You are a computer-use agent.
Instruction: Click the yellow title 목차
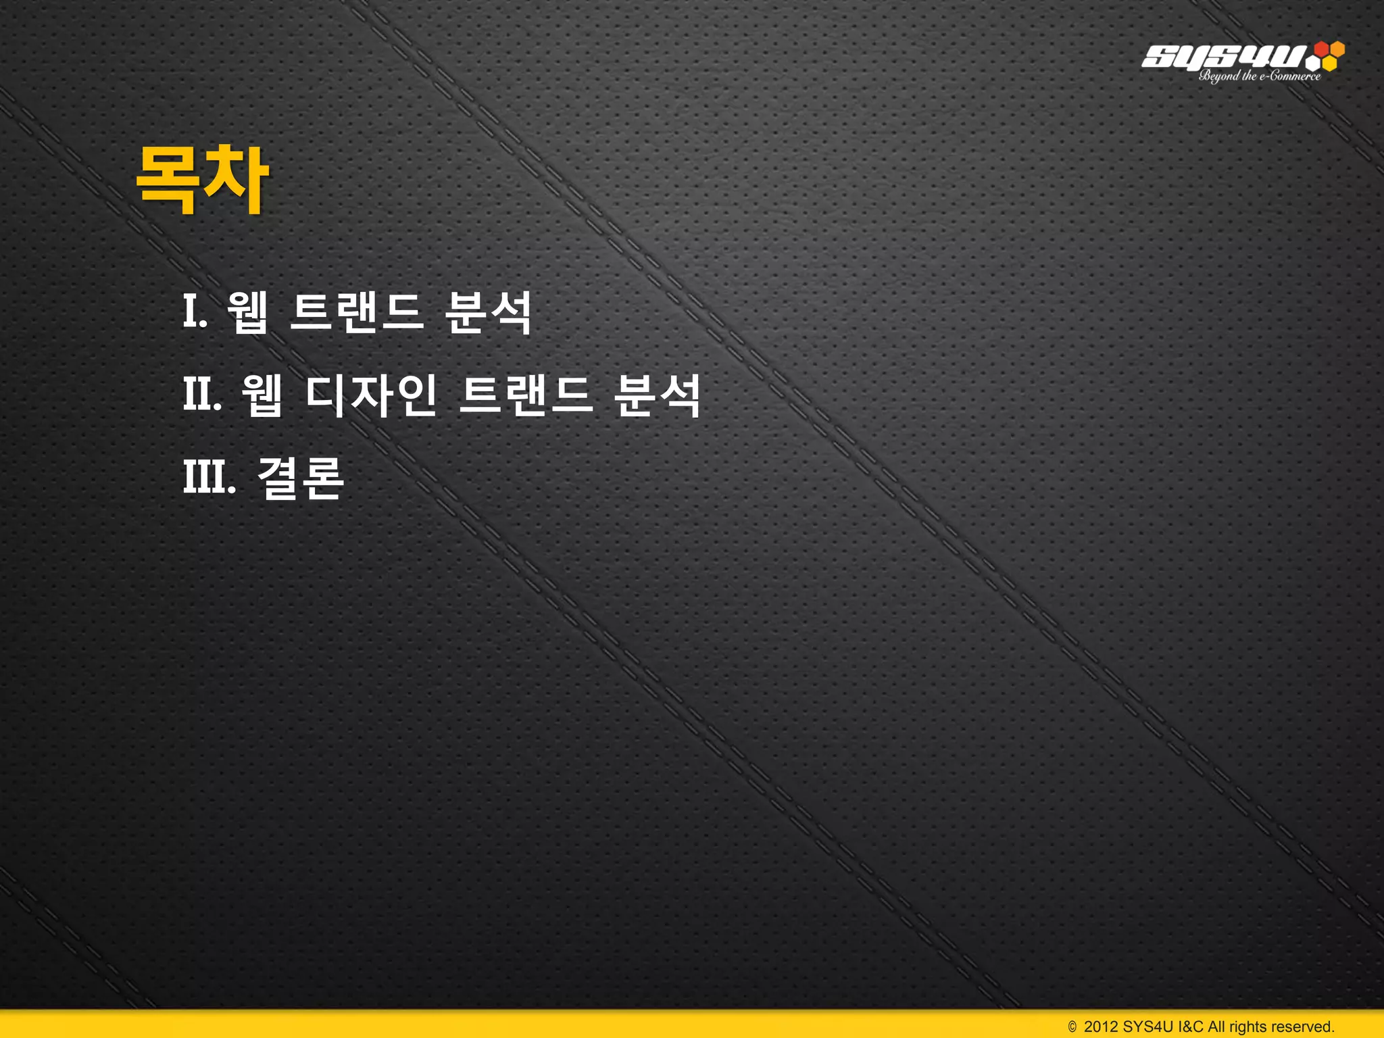(x=203, y=180)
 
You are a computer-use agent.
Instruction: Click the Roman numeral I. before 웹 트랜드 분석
(x=195, y=312)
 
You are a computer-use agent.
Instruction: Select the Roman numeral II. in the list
(x=202, y=395)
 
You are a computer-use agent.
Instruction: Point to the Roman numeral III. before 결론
(x=209, y=477)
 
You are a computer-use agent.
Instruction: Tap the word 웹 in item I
(x=248, y=312)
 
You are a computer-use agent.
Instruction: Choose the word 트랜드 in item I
(x=356, y=312)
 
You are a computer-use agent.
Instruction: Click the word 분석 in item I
(x=489, y=312)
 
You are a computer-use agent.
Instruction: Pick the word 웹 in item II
(x=262, y=395)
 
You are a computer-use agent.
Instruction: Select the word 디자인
(x=370, y=395)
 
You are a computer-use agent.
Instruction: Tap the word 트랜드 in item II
(x=526, y=395)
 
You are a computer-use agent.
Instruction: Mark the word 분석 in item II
(x=658, y=395)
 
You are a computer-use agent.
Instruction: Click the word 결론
(x=301, y=477)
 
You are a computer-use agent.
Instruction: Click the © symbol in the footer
(x=1072, y=1027)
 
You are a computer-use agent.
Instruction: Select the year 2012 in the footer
(x=1101, y=1027)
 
